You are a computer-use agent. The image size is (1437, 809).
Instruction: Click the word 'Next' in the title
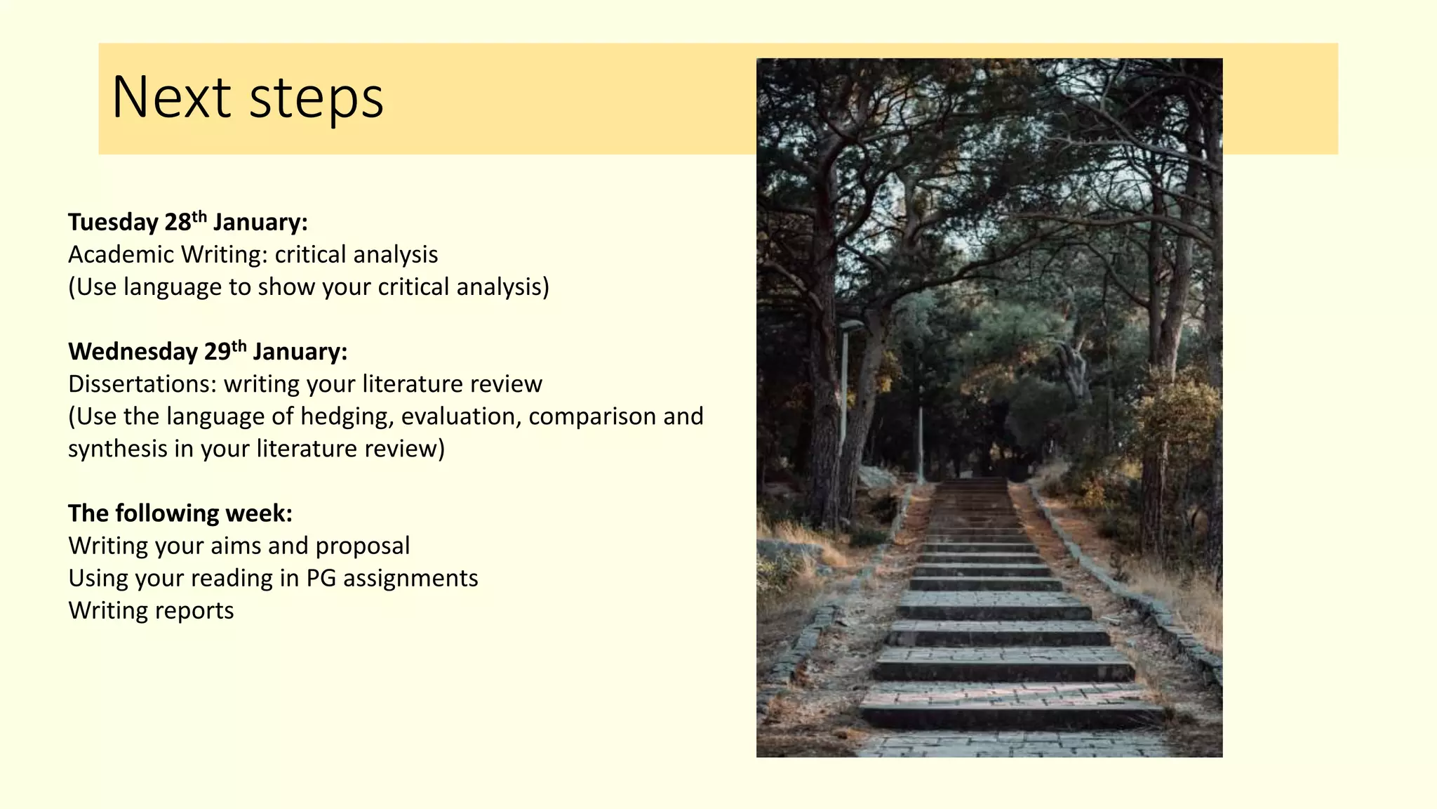171,97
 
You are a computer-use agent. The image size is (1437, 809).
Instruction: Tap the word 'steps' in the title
316,98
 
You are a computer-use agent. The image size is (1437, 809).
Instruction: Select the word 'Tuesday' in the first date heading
113,223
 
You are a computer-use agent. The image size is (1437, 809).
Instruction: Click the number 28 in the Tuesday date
178,223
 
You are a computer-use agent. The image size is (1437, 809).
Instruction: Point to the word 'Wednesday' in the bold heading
133,352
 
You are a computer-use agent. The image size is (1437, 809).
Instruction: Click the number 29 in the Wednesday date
217,352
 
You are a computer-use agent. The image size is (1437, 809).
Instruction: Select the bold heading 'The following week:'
180,513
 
